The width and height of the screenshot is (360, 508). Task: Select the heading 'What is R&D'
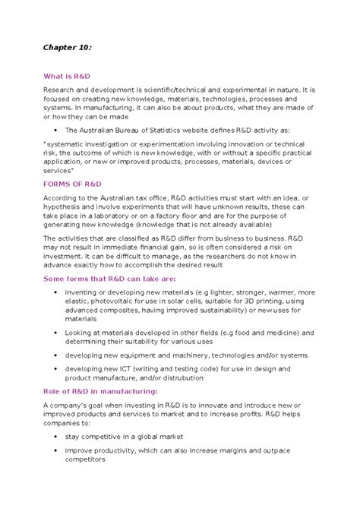pos(67,77)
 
